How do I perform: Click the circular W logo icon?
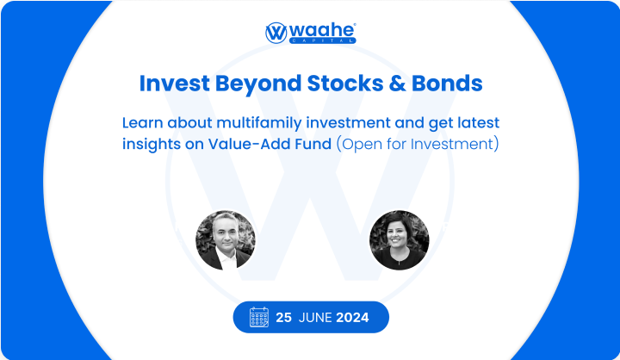[x=276, y=33]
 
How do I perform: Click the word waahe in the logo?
[x=322, y=30]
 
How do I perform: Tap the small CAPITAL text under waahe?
[x=322, y=40]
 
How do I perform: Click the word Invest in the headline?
[x=174, y=84]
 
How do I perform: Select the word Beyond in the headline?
[x=258, y=84]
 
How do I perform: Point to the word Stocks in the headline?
[x=345, y=84]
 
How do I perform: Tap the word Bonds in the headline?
[x=447, y=84]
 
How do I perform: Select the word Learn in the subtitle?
[x=143, y=123]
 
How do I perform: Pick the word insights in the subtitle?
[x=152, y=145]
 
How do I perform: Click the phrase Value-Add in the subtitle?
[x=250, y=144]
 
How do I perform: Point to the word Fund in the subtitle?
[x=313, y=144]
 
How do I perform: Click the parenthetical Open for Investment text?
[x=417, y=144]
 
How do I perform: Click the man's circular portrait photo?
[x=226, y=240]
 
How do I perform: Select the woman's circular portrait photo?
[x=399, y=240]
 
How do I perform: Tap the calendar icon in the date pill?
[x=259, y=317]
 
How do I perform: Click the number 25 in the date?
[x=283, y=317]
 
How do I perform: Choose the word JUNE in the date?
[x=315, y=317]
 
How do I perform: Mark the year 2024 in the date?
[x=352, y=317]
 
